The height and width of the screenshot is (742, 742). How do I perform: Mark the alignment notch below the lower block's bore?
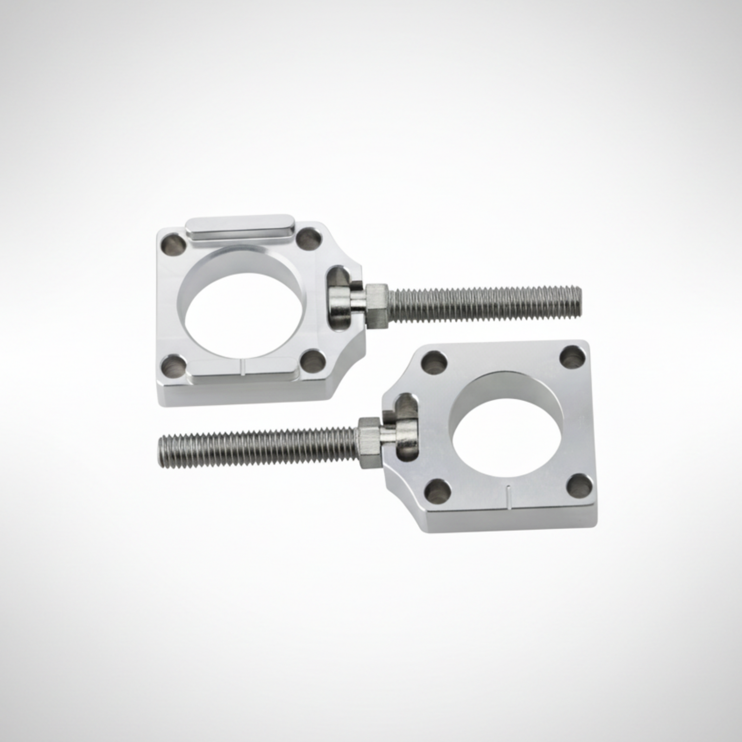[x=509, y=492]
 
